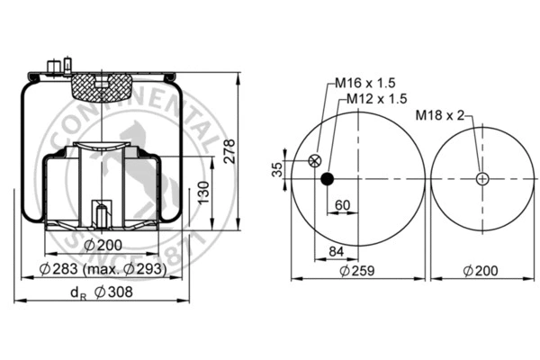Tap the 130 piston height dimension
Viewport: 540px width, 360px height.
point(204,193)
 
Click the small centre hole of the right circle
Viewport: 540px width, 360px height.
point(483,178)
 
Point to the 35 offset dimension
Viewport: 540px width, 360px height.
point(277,169)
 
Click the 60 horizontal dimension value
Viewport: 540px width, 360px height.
point(342,204)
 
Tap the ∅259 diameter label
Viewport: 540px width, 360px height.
point(357,270)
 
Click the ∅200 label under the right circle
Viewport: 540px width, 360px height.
point(482,270)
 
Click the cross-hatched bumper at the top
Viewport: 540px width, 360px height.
point(102,88)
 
